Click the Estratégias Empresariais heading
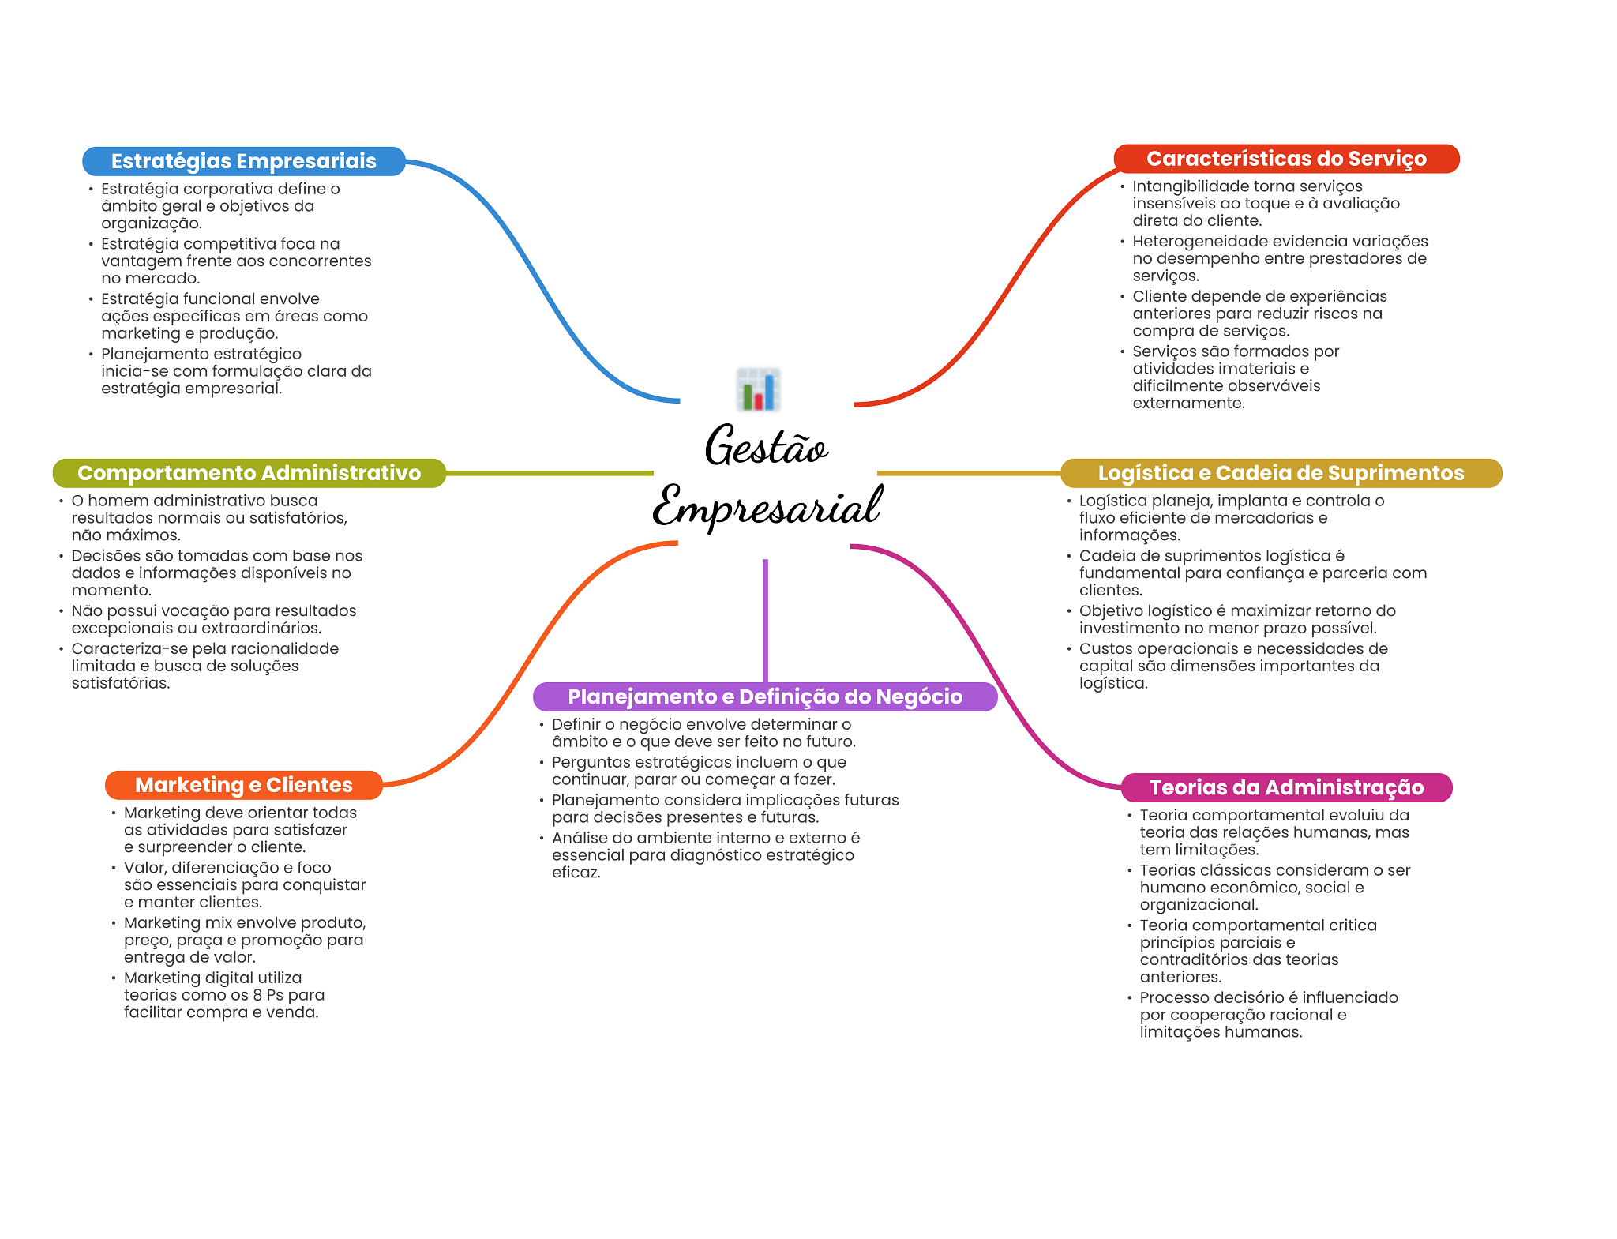click(x=243, y=161)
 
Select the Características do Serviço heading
click(x=1285, y=159)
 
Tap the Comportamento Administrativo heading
click(x=249, y=473)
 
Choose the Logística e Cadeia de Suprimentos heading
click(x=1280, y=473)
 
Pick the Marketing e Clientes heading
click(x=243, y=785)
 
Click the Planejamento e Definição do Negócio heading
click(x=764, y=696)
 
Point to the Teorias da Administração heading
click(x=1285, y=787)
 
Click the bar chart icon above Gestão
click(x=758, y=389)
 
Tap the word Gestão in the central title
click(x=765, y=447)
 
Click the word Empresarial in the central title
click(x=766, y=506)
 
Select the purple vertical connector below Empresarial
click(x=765, y=620)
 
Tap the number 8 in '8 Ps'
click(x=257, y=995)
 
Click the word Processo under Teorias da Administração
click(x=1173, y=998)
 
